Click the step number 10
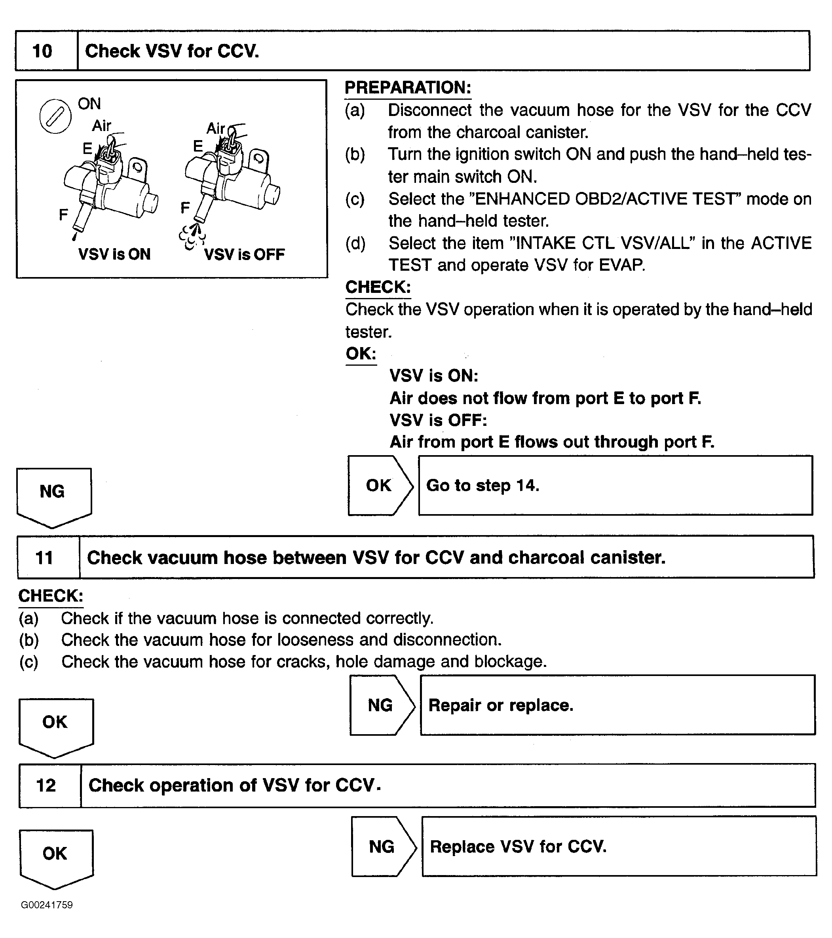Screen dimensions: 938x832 [x=42, y=51]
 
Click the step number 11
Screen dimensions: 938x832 [x=44, y=558]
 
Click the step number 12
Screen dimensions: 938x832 [x=46, y=785]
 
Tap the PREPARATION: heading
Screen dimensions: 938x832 [x=408, y=87]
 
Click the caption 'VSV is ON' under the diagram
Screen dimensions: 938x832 [x=114, y=254]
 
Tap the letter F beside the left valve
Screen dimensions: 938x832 [x=63, y=214]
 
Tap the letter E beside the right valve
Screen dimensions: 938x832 [x=198, y=146]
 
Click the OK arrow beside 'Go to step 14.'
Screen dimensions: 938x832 [x=380, y=486]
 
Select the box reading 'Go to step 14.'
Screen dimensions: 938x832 [x=615, y=486]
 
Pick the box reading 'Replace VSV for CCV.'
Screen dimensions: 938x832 [x=619, y=846]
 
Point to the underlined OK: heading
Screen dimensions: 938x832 [x=361, y=353]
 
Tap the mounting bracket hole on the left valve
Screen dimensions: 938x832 [x=137, y=166]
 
